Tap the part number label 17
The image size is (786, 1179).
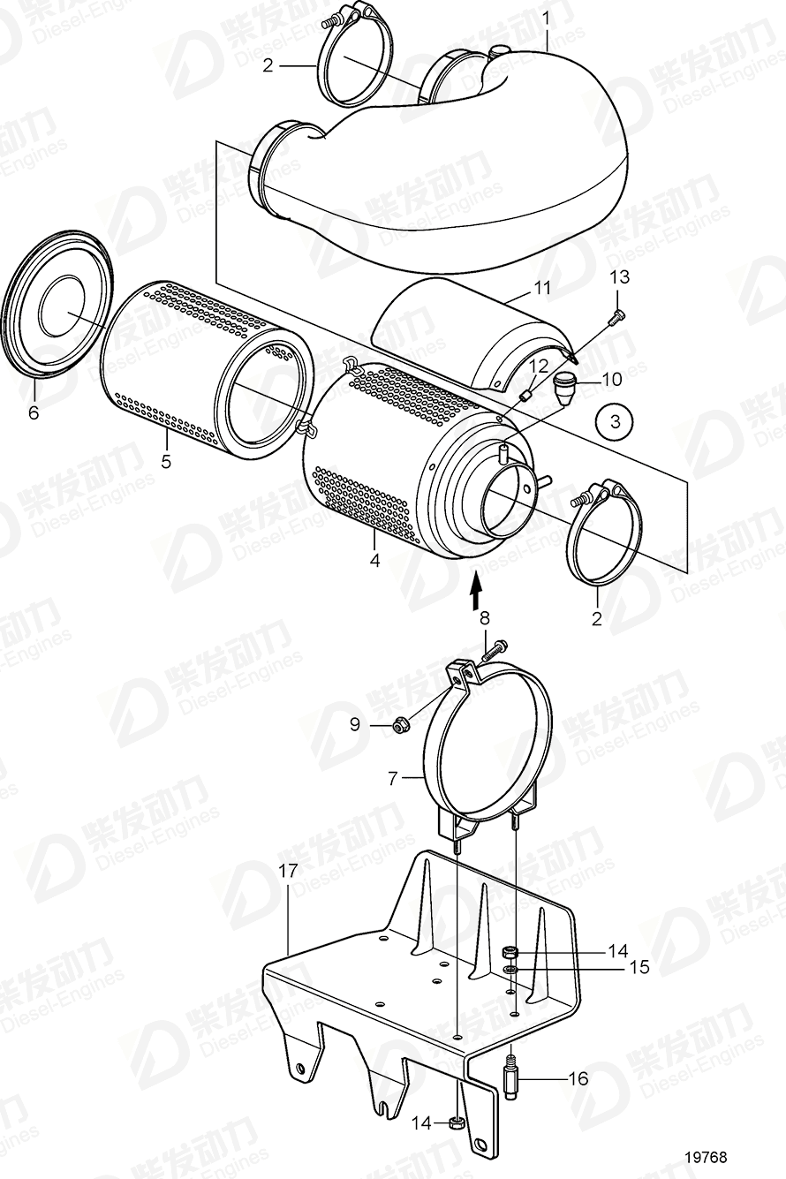pyautogui.click(x=288, y=871)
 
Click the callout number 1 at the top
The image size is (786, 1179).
pyautogui.click(x=546, y=17)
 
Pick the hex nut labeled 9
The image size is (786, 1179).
pyautogui.click(x=399, y=726)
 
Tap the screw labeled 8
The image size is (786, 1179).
pyautogui.click(x=495, y=650)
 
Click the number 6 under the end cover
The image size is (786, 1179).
pyautogui.click(x=34, y=413)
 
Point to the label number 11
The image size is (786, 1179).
pyautogui.click(x=541, y=288)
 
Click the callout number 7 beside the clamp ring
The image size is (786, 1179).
pyautogui.click(x=394, y=778)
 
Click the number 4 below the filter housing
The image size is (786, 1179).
pyautogui.click(x=374, y=560)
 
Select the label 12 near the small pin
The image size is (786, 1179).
pyautogui.click(x=538, y=365)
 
